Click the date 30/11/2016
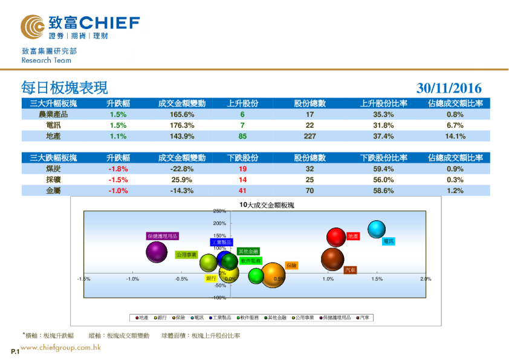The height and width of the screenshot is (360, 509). [449, 88]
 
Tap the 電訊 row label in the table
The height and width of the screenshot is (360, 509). [53, 125]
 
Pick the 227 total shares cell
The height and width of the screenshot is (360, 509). [310, 136]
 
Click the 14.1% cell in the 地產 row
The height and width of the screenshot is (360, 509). [455, 136]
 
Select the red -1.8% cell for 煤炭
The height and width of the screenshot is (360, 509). [118, 169]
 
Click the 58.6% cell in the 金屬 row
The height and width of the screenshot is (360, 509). [383, 191]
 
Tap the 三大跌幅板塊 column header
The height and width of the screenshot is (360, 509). [53, 158]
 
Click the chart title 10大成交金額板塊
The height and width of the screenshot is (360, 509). [266, 205]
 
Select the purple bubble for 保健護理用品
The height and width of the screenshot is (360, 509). [157, 252]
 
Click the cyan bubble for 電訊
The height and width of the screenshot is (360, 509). [376, 229]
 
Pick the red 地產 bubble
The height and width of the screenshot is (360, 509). [336, 237]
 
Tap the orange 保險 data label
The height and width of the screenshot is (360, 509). [291, 265]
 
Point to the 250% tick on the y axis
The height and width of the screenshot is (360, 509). [219, 211]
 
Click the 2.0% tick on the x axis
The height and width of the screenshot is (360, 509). [426, 279]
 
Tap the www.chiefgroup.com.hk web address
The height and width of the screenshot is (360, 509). [60, 347]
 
